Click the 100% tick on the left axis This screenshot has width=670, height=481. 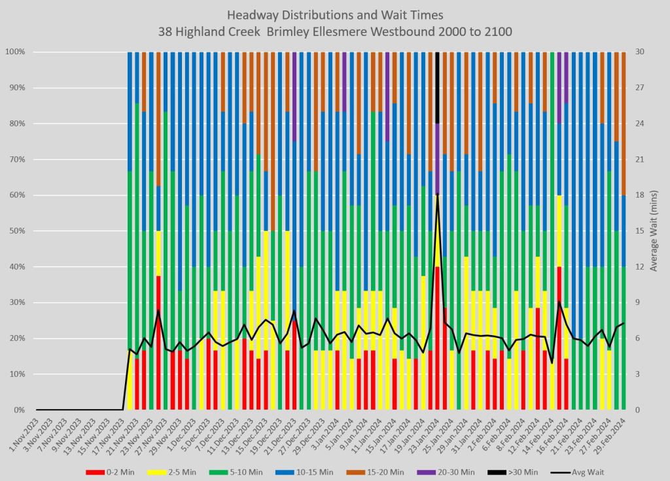pos(16,52)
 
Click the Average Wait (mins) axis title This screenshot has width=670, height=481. pos(659,230)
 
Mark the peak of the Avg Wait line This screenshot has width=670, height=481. pos(437,194)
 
